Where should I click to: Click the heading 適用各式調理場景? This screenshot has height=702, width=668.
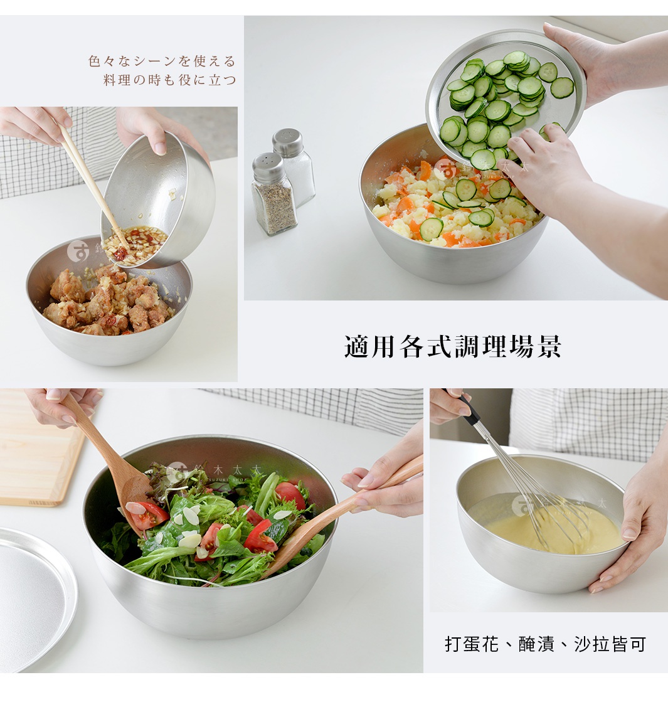(452, 346)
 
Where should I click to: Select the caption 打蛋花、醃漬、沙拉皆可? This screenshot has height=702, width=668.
(545, 644)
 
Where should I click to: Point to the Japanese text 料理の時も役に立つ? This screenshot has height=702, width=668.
(169, 80)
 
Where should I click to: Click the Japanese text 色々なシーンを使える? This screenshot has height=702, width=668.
(162, 61)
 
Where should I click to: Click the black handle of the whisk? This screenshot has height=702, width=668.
(469, 410)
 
